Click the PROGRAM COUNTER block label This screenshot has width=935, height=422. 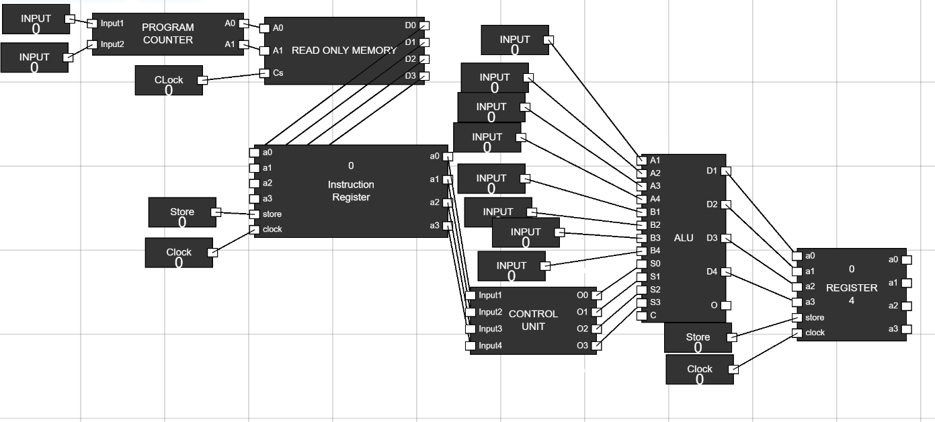pos(167,34)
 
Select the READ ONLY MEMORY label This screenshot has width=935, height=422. pos(344,50)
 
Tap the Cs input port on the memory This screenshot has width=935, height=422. pos(265,73)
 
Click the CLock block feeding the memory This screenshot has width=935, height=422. pos(169,80)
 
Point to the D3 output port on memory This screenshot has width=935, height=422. pos(423,76)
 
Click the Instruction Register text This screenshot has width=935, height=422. pos(351,190)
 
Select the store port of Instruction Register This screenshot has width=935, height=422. pos(254,214)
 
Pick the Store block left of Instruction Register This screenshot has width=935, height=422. pos(182,212)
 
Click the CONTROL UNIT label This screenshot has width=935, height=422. pos(533,320)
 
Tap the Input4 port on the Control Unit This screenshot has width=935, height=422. pos(470,346)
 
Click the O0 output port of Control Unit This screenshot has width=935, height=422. pos(596,295)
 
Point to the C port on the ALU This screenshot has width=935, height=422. pos(641,315)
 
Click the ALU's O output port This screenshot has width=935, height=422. pos(725,305)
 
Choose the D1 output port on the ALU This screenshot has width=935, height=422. pos(725,171)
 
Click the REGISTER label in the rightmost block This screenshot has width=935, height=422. pos(852,288)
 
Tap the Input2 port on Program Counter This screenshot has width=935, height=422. pos(93,45)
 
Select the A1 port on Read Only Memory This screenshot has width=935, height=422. pos(265,50)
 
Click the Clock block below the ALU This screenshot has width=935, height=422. pos(699,370)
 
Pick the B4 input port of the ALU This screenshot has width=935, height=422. pos(641,251)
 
